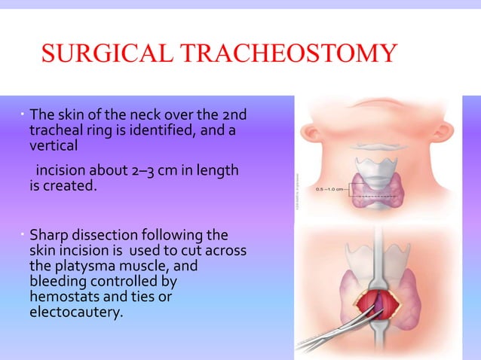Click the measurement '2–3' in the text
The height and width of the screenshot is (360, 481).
click(144, 172)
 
